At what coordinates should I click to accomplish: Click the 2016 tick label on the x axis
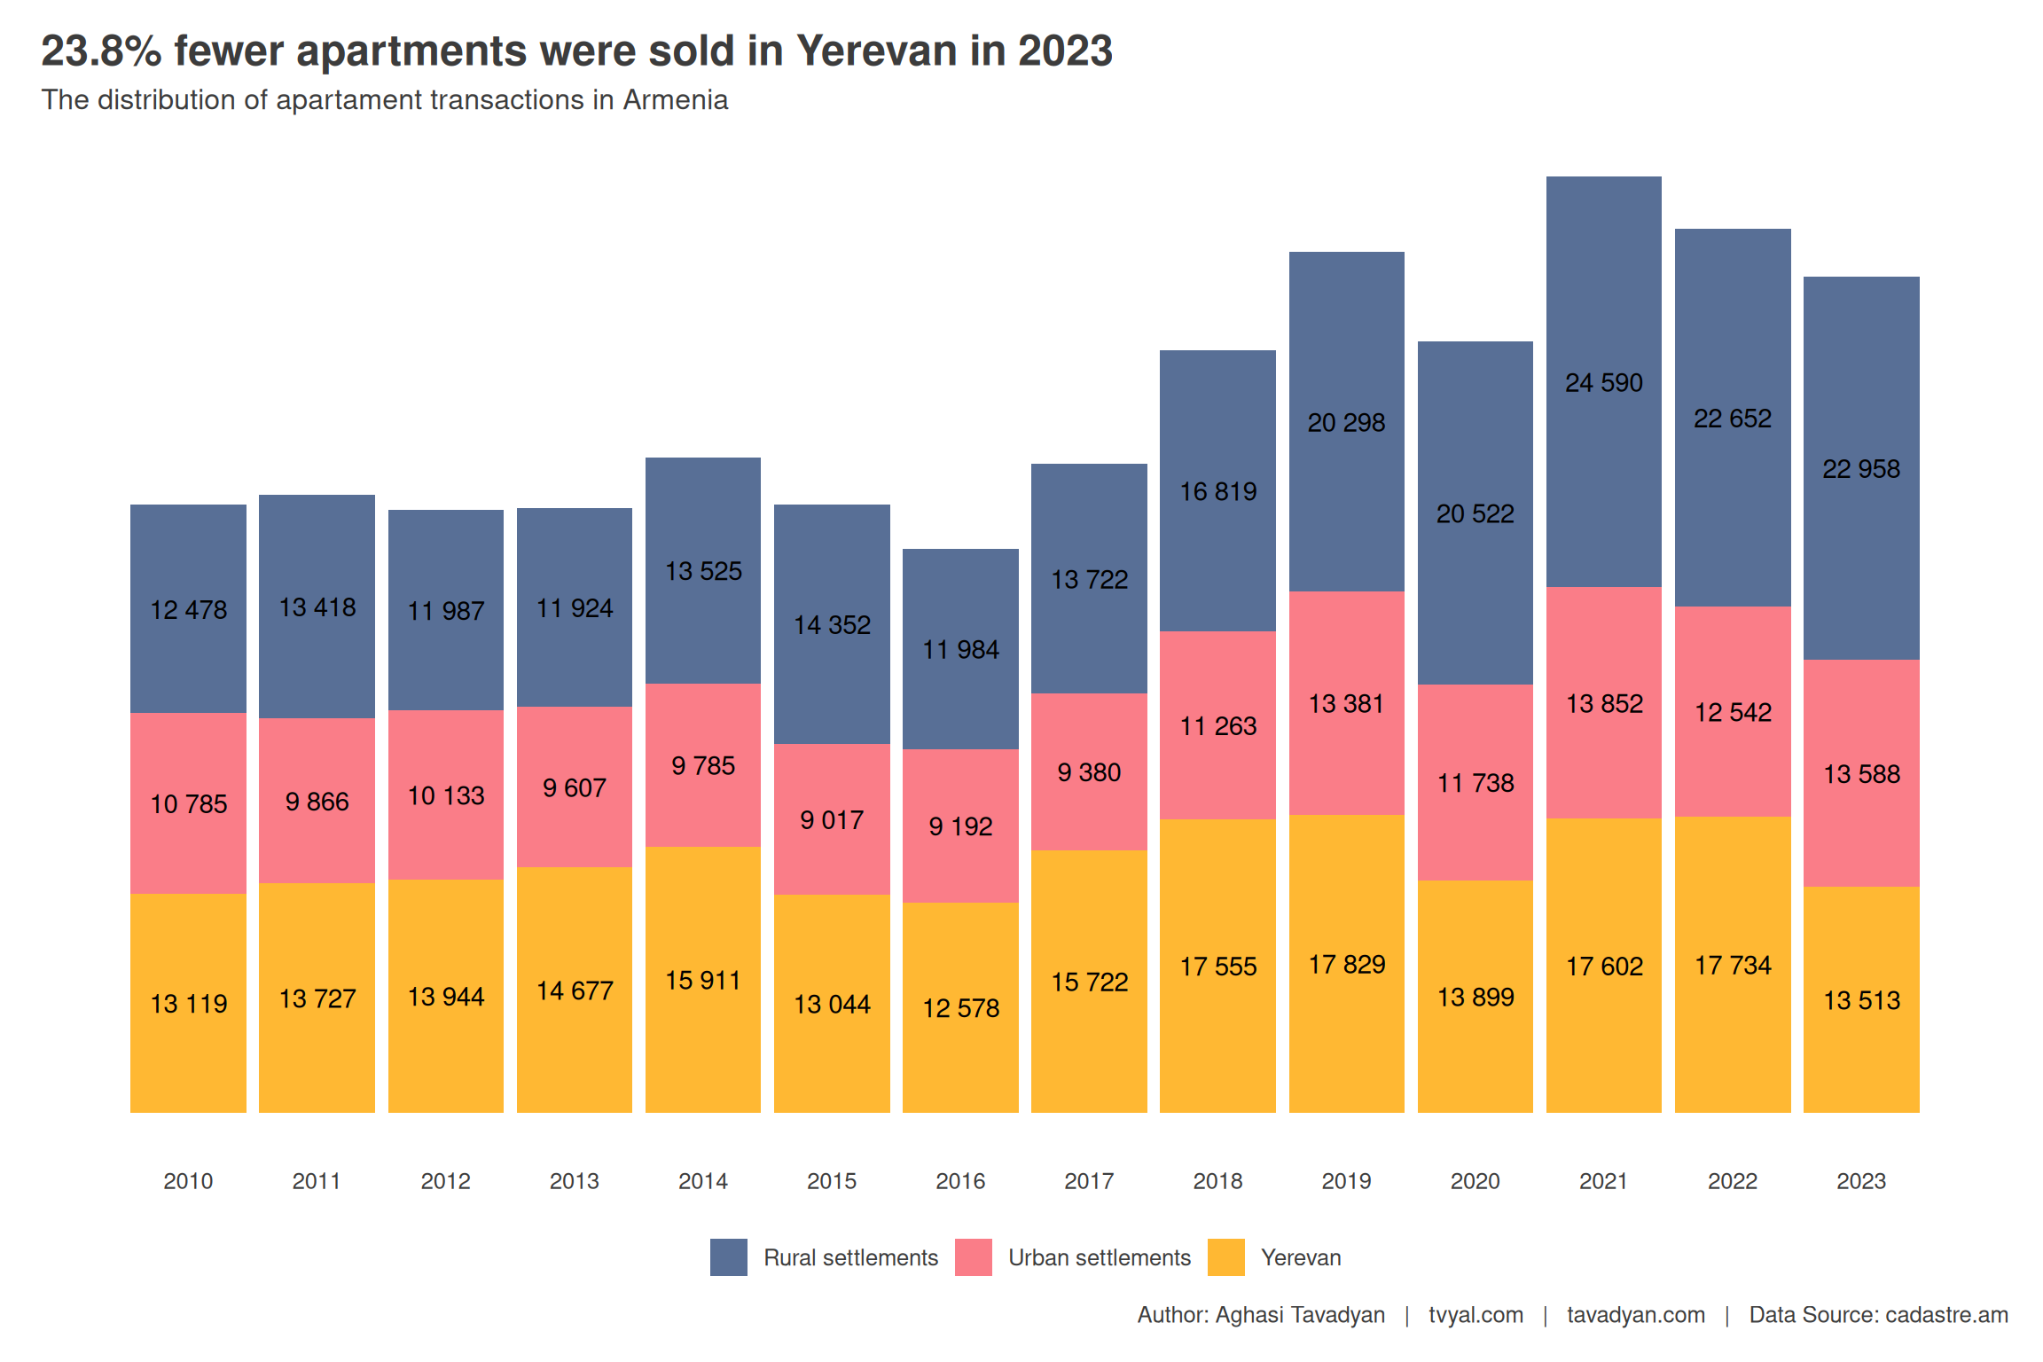click(x=960, y=1181)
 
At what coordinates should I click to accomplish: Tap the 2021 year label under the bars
click(x=1603, y=1181)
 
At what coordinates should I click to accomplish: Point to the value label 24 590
click(x=1604, y=383)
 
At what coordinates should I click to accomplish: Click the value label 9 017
click(x=832, y=820)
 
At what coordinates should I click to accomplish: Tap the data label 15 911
click(x=703, y=981)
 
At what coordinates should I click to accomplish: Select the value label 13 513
click(x=1861, y=1001)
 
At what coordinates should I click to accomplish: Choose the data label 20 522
click(x=1475, y=514)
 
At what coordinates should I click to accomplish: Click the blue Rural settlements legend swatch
click(x=729, y=1257)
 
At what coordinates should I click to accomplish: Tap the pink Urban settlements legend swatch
click(x=974, y=1257)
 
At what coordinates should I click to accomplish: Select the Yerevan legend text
click(x=1301, y=1258)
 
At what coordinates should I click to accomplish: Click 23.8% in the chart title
click(x=101, y=51)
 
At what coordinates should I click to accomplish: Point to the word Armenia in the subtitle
click(x=676, y=100)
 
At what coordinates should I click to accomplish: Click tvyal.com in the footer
click(x=1475, y=1315)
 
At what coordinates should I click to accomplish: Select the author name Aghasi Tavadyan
click(x=1300, y=1315)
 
